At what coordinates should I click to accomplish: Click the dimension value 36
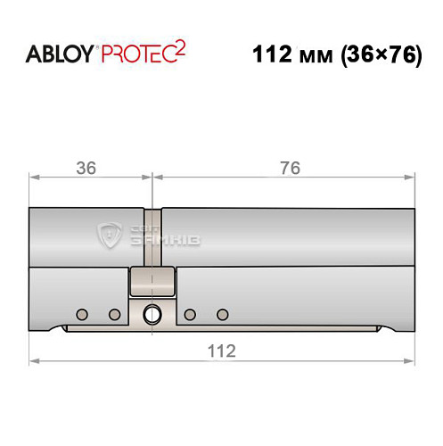tap(86, 168)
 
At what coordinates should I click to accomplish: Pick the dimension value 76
tap(288, 168)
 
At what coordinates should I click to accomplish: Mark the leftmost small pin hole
tap(81, 314)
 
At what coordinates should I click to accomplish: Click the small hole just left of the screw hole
tap(113, 314)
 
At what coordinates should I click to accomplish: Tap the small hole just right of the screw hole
tap(189, 314)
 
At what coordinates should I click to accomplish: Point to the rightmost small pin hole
tap(221, 314)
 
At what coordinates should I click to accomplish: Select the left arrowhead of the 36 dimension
tap(34, 178)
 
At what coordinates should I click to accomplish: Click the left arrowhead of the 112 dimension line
tap(34, 360)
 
